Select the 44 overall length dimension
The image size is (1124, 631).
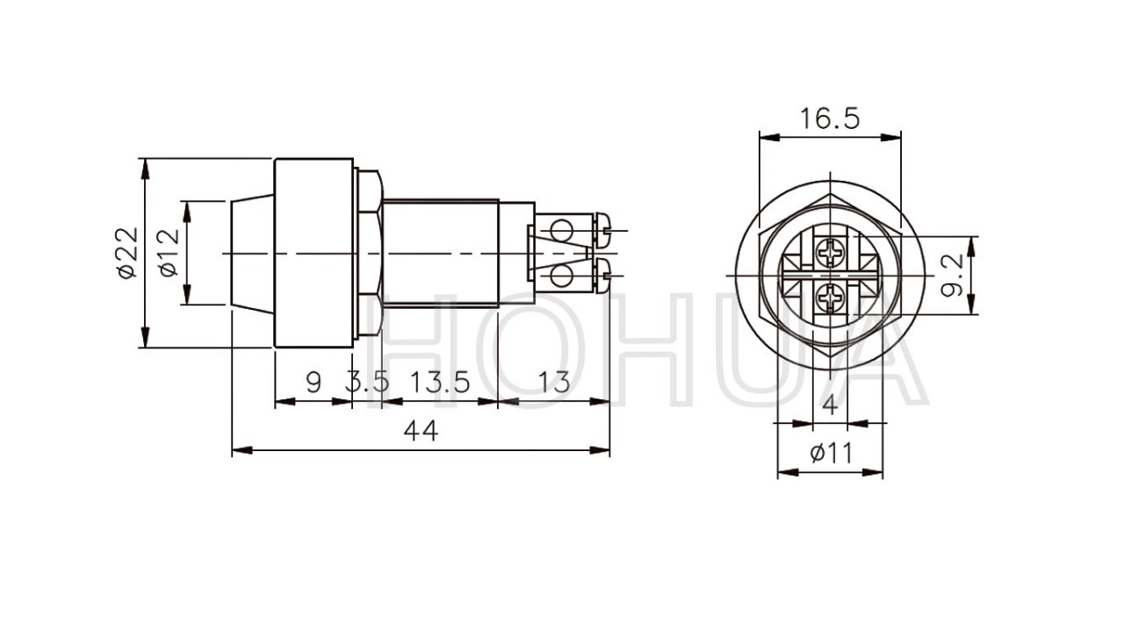coord(421,431)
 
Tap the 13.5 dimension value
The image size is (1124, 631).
coord(440,383)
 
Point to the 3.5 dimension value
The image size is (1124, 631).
coord(367,383)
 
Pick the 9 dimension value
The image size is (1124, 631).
coord(313,383)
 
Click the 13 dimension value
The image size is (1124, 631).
coord(554,383)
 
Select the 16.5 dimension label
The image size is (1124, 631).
coord(830,118)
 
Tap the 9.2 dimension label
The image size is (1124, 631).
coord(952,275)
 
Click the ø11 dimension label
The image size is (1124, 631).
coord(831,454)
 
